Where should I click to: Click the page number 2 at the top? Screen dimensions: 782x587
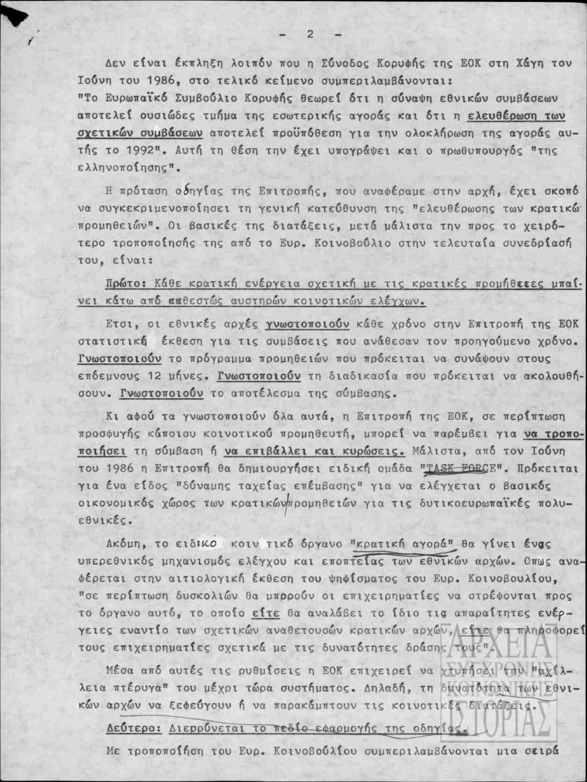[310, 34]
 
